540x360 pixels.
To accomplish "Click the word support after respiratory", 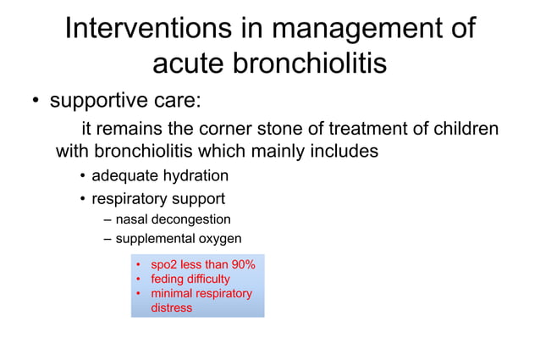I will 199,199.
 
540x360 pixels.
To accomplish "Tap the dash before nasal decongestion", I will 107,219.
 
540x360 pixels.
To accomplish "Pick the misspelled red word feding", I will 167,279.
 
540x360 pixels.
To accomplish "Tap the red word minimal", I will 174,293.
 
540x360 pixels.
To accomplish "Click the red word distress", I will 171,307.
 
